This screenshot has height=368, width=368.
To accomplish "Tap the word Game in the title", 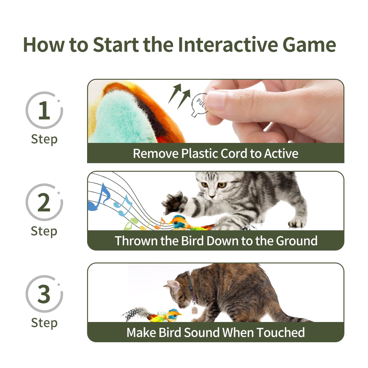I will point(309,44).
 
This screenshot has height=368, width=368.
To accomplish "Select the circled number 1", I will point(44,110).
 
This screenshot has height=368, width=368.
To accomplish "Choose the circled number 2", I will point(44,202).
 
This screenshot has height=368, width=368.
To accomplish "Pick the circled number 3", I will point(44,294).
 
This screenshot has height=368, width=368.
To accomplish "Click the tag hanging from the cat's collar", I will point(194,310).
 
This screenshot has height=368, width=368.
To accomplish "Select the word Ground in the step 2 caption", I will point(297,241).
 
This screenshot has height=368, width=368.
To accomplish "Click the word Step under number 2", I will point(44,231).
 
